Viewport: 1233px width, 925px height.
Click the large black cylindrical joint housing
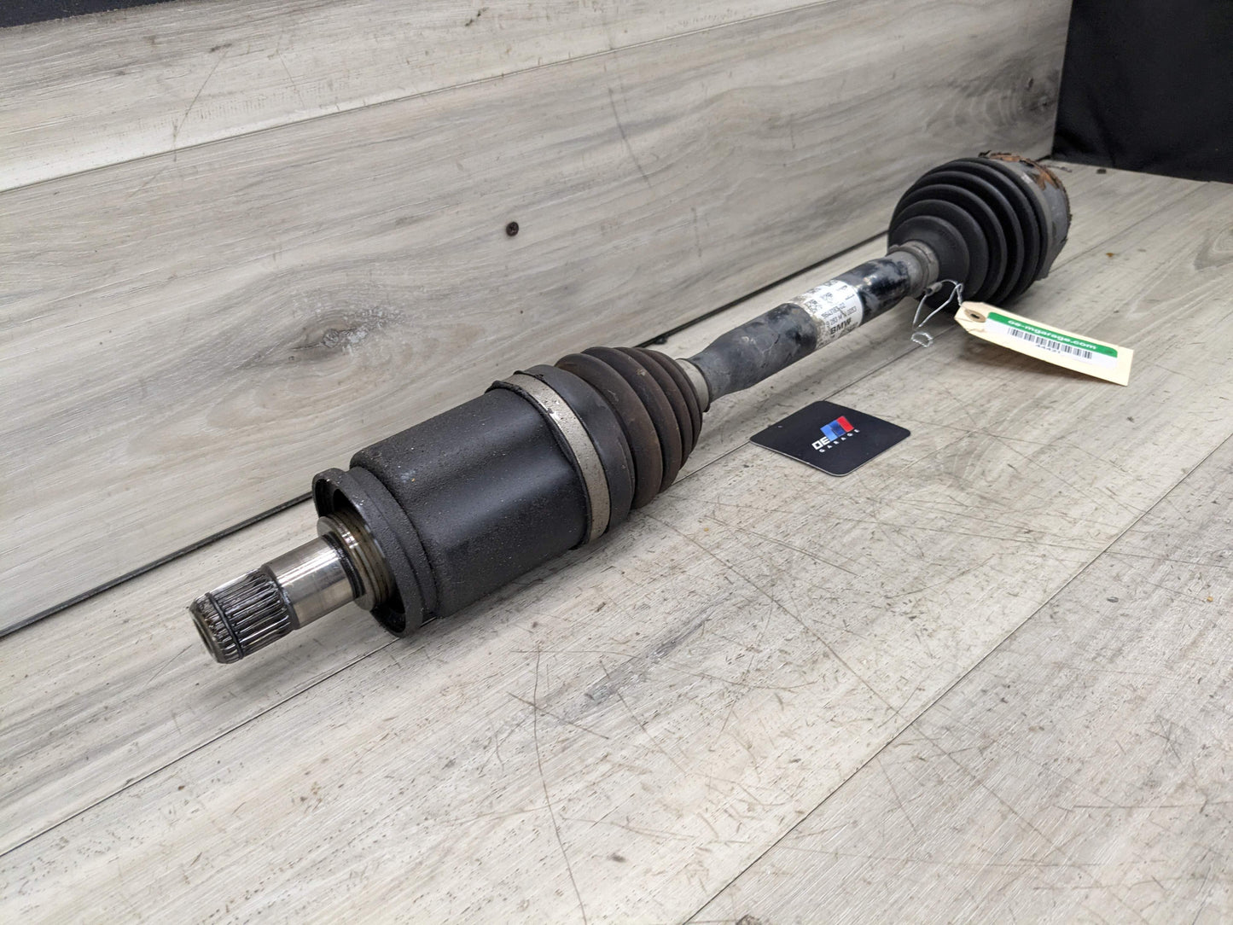pos(478,478)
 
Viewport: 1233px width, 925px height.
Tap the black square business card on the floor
pos(830,436)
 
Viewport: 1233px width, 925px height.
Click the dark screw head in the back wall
pos(512,228)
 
